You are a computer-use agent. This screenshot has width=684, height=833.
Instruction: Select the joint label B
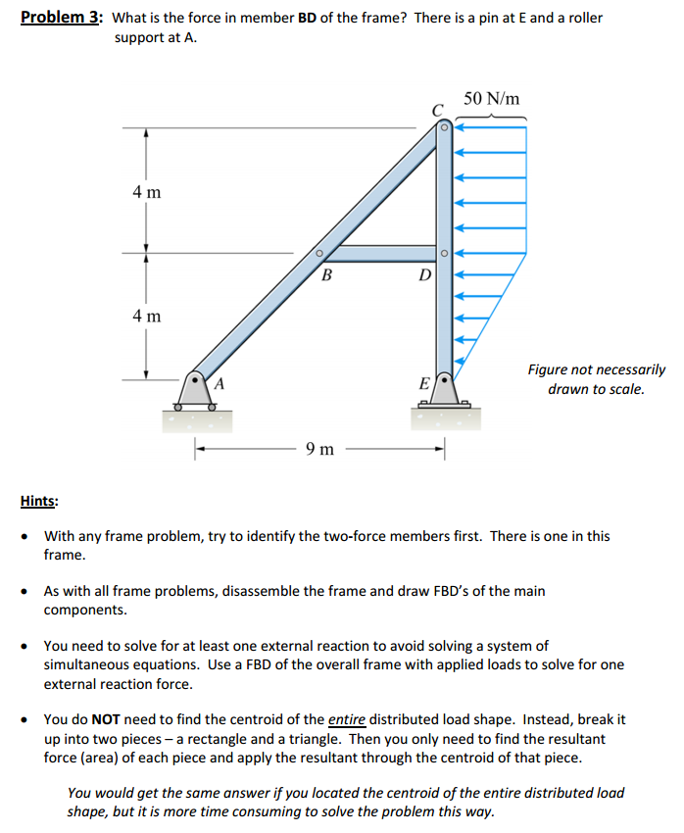(326, 275)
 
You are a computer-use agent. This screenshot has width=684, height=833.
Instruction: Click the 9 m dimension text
(318, 450)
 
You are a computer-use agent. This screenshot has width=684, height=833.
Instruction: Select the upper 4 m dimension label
(146, 191)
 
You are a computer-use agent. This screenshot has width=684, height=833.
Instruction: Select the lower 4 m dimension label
(146, 317)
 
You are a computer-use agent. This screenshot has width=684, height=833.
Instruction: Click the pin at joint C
(443, 126)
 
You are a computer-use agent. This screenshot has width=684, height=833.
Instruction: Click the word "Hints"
(38, 501)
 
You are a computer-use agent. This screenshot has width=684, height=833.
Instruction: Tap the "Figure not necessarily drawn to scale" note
(596, 379)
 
